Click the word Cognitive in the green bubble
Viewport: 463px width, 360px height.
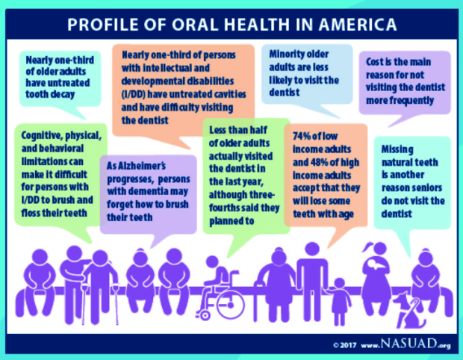[x=43, y=135]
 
